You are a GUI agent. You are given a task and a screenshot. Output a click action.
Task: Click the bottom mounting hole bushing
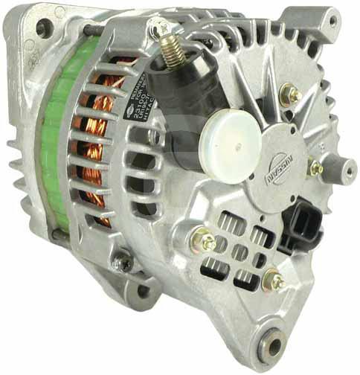274,344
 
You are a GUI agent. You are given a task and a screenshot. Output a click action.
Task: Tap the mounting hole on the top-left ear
44,28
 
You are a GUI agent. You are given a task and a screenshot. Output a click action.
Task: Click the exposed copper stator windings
97,149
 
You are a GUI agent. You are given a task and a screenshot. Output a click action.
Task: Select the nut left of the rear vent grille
204,241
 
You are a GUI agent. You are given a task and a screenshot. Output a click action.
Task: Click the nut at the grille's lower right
274,281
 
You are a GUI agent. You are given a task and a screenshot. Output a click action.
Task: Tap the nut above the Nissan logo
289,94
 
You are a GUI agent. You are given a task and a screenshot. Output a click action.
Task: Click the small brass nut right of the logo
315,168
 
